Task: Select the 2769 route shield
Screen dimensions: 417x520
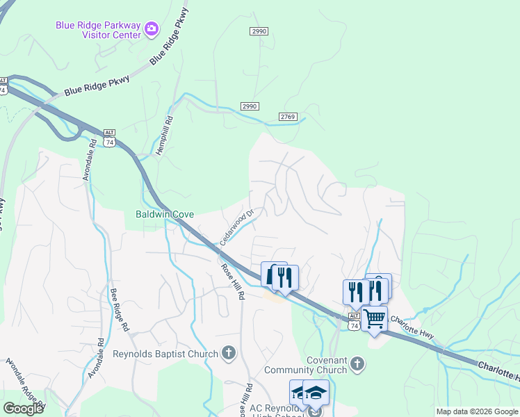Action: [x=289, y=117]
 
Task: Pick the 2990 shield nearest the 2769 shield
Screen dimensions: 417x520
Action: [x=250, y=106]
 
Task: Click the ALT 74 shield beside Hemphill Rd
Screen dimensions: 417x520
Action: [x=109, y=138]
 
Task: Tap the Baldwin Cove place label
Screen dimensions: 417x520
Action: [x=165, y=215]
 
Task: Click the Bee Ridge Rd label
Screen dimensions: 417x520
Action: [x=119, y=308]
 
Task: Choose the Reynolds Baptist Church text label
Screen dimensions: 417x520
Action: [x=165, y=354]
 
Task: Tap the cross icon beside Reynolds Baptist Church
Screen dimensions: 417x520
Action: [x=229, y=354]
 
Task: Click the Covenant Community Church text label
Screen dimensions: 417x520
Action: [x=327, y=365]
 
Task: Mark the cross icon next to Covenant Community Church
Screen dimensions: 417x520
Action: [x=357, y=363]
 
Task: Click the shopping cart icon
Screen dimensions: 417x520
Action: [x=375, y=319]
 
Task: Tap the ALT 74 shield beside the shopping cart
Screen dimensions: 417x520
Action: [x=354, y=322]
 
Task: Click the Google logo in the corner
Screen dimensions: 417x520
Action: [x=23, y=409]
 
